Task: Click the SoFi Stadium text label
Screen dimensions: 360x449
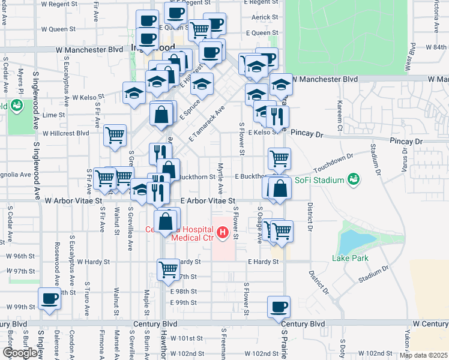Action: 319,180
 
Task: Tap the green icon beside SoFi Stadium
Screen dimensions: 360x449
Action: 354,179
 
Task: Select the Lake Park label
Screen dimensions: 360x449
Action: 351,259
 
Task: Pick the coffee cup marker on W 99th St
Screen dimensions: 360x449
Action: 49,298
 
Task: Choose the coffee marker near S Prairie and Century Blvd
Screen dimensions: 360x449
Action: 279,307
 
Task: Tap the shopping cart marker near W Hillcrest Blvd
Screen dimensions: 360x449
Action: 115,134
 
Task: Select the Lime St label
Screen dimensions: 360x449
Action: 53,115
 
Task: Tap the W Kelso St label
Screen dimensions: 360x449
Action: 88,97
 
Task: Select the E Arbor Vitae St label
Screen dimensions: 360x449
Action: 207,200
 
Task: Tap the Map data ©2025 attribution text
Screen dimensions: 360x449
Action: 423,355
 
